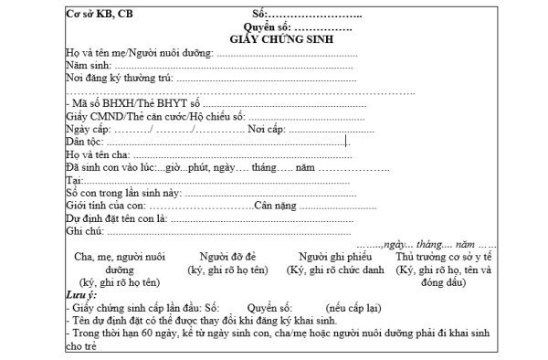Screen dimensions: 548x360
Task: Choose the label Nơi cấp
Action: [264, 130]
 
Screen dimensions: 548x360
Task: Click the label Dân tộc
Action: [86, 143]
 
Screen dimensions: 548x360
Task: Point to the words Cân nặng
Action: [279, 206]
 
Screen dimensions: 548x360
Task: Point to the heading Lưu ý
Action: [81, 295]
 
